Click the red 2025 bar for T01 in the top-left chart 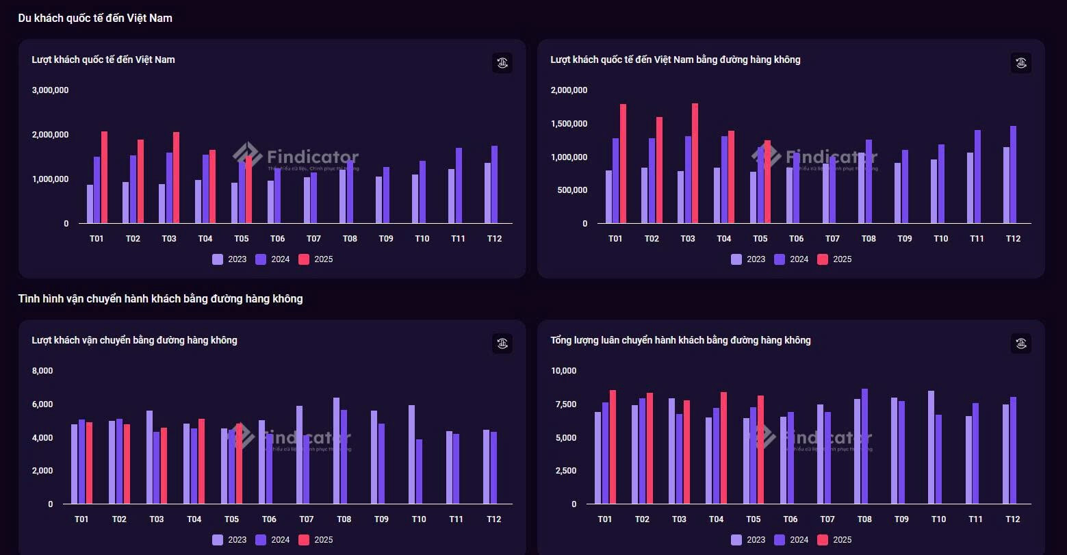tap(104, 178)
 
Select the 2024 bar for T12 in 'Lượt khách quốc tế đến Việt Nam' tap(495, 185)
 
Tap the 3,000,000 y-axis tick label tap(50, 90)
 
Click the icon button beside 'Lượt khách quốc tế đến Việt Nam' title tap(502, 63)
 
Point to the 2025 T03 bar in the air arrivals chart tap(695, 164)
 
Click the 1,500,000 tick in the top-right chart tap(569, 124)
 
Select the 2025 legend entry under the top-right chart tap(834, 259)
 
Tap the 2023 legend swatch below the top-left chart tap(218, 259)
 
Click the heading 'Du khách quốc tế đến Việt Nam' tap(95, 18)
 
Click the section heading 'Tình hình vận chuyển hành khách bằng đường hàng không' tap(160, 299)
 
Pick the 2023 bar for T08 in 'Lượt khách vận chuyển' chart tap(337, 451)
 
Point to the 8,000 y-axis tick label tap(42, 371)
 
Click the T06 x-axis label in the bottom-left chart tap(269, 519)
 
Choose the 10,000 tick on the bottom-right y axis tap(564, 371)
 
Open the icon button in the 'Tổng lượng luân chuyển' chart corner tap(1021, 344)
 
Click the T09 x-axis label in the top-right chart tap(905, 239)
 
